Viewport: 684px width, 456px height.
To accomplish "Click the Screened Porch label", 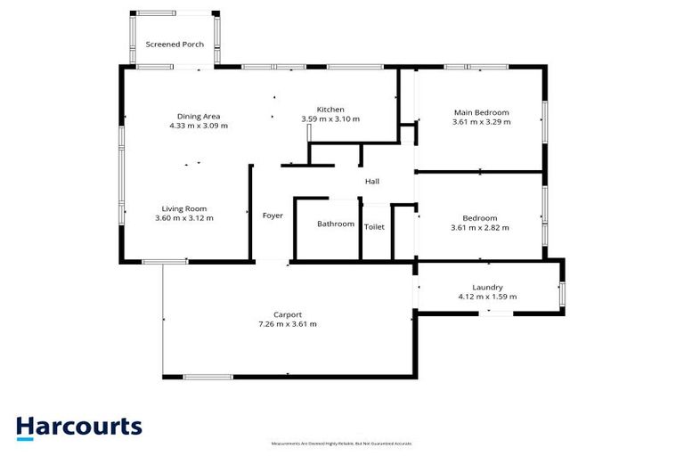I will tap(175, 45).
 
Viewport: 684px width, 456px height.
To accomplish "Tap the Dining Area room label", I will tap(199, 116).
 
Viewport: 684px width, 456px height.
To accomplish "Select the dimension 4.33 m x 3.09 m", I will tap(199, 126).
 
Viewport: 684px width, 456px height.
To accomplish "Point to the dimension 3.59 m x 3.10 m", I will tap(330, 119).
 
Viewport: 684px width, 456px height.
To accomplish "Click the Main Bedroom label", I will tap(481, 112).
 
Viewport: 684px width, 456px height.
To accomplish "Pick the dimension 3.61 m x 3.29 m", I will tap(481, 122).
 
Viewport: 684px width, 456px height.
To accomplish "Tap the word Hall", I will tap(372, 182).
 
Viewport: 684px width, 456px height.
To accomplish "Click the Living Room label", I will tap(184, 208).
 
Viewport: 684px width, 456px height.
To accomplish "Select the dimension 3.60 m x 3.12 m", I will tap(184, 217).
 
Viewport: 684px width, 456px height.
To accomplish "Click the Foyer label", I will tap(273, 216).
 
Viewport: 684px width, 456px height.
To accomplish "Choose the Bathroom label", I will tap(336, 224).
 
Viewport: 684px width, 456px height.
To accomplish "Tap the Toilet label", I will tap(375, 227).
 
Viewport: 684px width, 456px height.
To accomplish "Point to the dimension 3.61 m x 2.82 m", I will tap(481, 227).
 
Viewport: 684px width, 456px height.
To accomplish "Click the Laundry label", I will tap(487, 288).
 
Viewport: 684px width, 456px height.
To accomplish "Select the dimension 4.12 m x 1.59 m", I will tap(487, 297).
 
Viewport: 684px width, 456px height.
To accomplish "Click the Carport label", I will tap(287, 314).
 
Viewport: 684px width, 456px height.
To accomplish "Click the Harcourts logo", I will tap(78, 427).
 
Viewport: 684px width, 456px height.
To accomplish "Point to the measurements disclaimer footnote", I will tap(341, 444).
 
